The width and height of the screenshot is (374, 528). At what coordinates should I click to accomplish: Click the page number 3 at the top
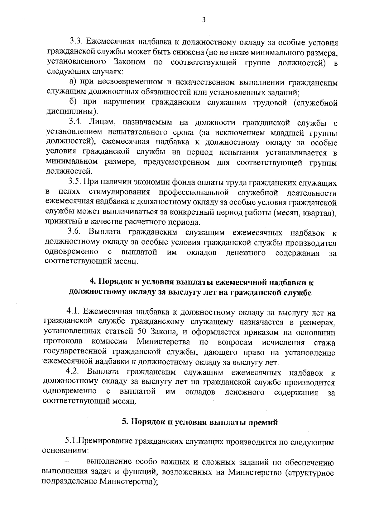[x=204, y=20]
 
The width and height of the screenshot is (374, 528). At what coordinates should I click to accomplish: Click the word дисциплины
[x=71, y=111]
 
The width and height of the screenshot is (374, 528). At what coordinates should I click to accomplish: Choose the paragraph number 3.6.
[x=74, y=232]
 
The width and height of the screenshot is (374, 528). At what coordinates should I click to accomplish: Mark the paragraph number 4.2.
[x=73, y=372]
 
